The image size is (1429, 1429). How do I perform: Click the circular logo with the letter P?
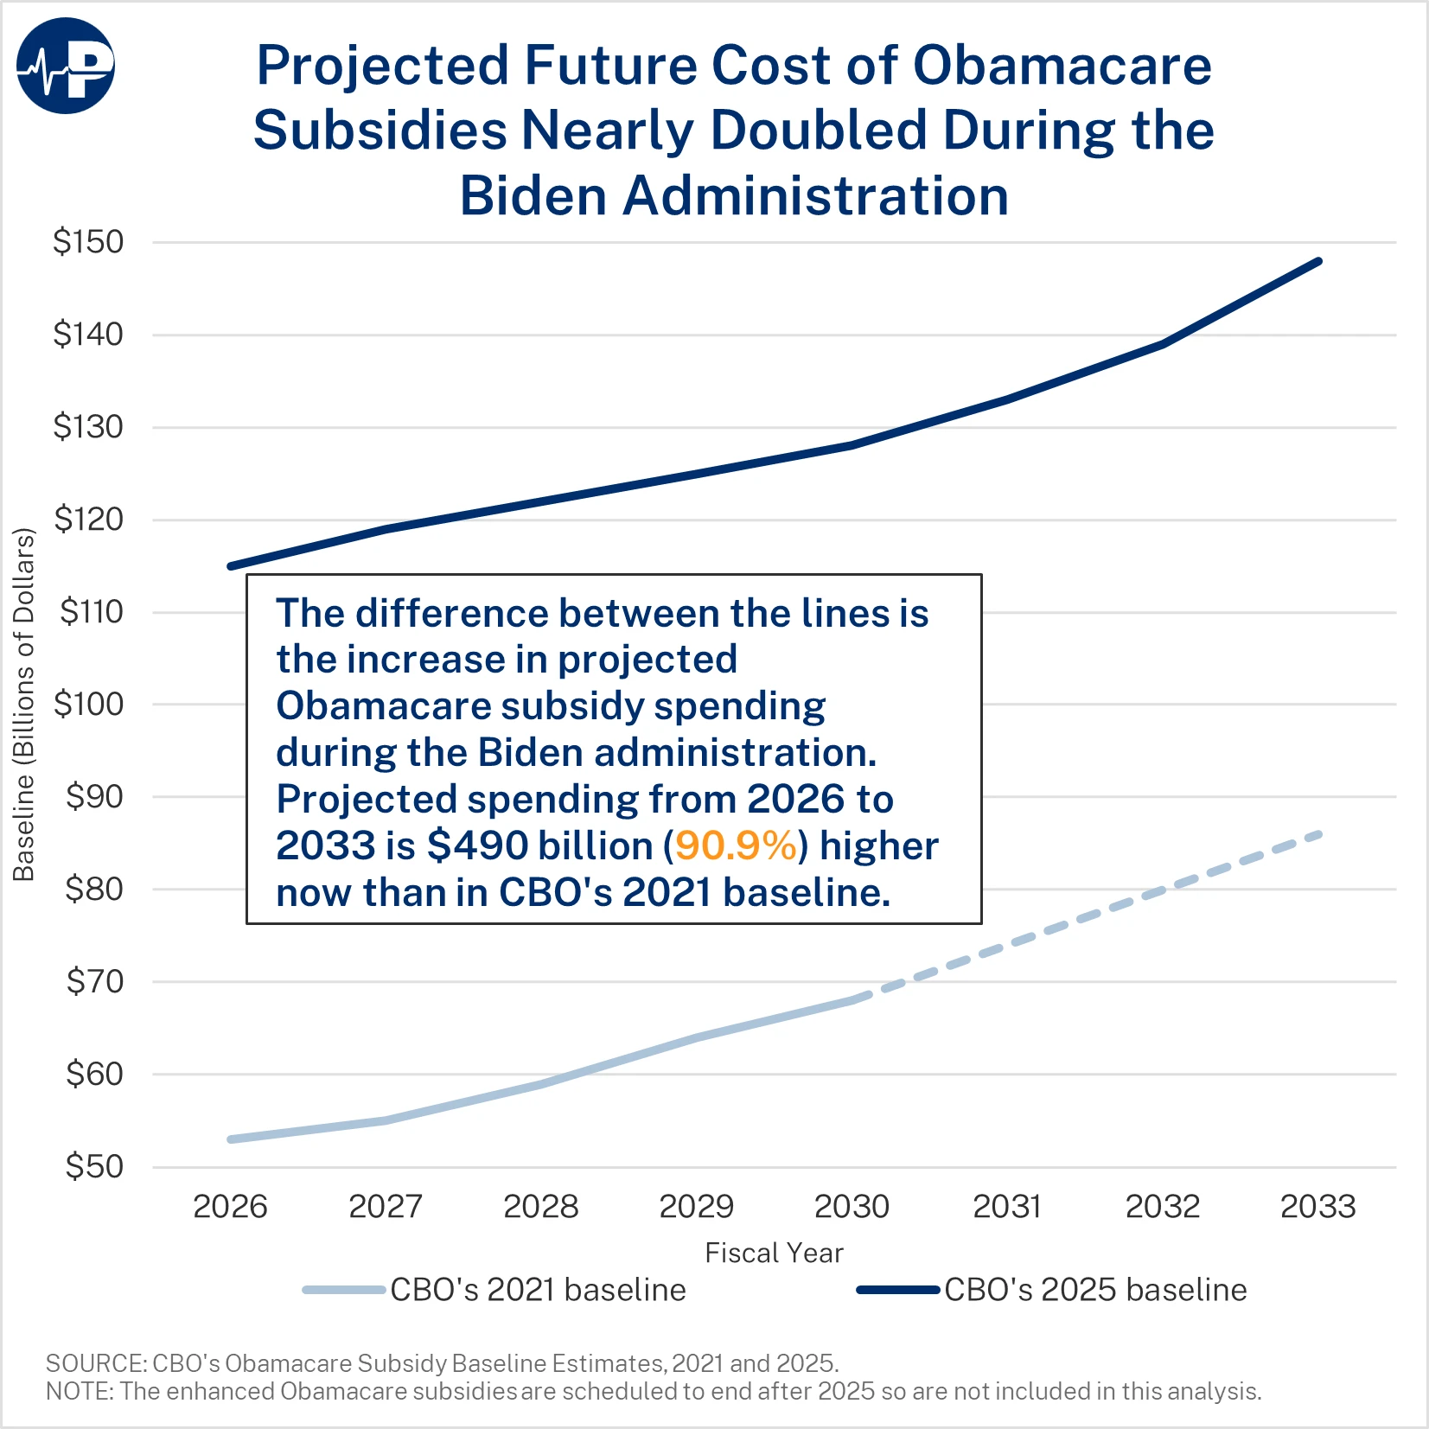coord(66,66)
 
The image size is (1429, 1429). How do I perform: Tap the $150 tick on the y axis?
coord(88,242)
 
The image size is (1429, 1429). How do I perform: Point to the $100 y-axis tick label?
coord(88,705)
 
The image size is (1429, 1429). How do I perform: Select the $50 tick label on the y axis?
coord(94,1167)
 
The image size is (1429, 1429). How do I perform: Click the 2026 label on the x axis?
coord(230,1207)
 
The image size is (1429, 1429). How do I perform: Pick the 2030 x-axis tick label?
coord(852,1207)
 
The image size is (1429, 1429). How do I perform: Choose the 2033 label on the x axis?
coord(1317,1207)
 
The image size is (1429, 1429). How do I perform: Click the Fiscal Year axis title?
coord(774,1253)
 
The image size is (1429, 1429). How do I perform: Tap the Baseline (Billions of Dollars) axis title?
coord(24,705)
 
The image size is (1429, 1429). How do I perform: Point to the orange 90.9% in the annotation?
coord(736,846)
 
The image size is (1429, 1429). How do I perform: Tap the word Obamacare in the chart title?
coord(1062,66)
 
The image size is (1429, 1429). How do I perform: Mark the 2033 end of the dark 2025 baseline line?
coord(1318,261)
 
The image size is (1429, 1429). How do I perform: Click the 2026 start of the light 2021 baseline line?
coord(231,1139)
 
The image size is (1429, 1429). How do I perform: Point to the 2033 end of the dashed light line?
coord(1318,834)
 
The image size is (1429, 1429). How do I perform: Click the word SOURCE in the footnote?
coord(94,1363)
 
